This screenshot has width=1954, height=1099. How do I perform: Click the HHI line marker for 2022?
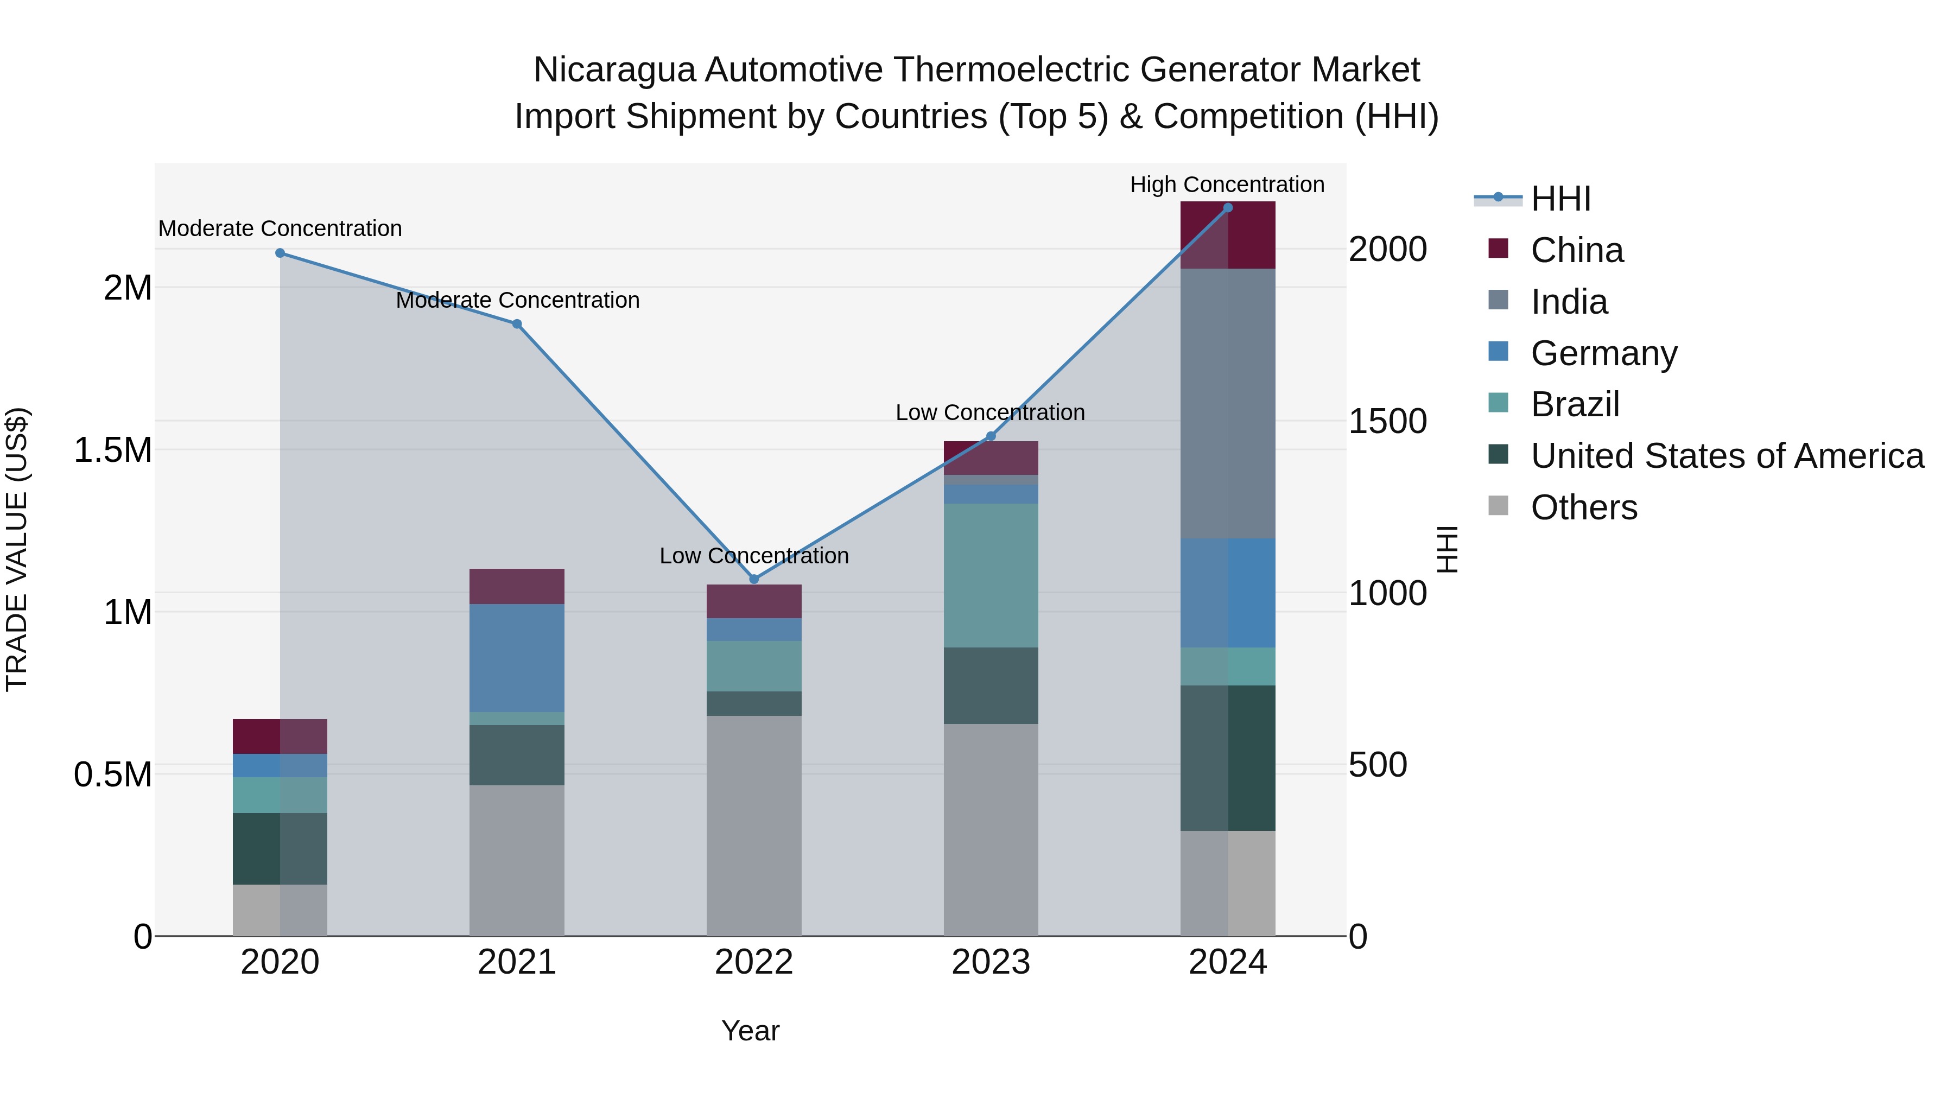pyautogui.click(x=754, y=580)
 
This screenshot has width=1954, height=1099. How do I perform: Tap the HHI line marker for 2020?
pyautogui.click(x=280, y=253)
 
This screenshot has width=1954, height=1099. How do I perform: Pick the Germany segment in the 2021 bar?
pyautogui.click(x=517, y=658)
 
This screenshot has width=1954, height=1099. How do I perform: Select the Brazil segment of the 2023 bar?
pyautogui.click(x=991, y=575)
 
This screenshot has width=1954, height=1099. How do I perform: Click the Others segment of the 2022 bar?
pyautogui.click(x=754, y=825)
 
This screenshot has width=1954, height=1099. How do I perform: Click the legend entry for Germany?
pyautogui.click(x=1603, y=353)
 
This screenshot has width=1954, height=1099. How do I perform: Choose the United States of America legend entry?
pyautogui.click(x=1727, y=456)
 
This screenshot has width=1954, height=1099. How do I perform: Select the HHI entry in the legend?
pyautogui.click(x=1559, y=199)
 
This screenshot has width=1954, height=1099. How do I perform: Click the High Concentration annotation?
pyautogui.click(x=1227, y=185)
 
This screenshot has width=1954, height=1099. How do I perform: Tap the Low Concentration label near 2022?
pyautogui.click(x=753, y=556)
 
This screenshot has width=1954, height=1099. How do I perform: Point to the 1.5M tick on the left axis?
pyautogui.click(x=113, y=450)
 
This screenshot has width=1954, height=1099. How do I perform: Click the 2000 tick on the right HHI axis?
pyautogui.click(x=1387, y=250)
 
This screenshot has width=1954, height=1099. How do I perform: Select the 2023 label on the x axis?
pyautogui.click(x=991, y=962)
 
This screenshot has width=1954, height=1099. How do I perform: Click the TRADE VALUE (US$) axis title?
pyautogui.click(x=17, y=549)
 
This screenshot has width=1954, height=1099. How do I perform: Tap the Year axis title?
pyautogui.click(x=750, y=1031)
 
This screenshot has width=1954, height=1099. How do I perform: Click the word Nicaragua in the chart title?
pyautogui.click(x=614, y=70)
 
